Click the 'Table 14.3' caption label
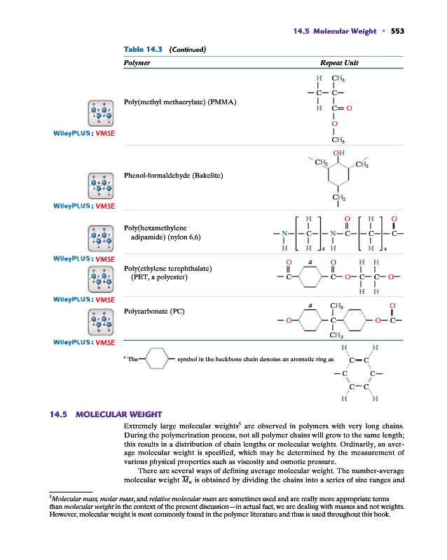tap(143, 50)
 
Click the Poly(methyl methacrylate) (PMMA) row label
tap(179, 102)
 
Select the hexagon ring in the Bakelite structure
tap(339, 175)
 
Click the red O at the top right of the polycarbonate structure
tap(393, 305)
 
